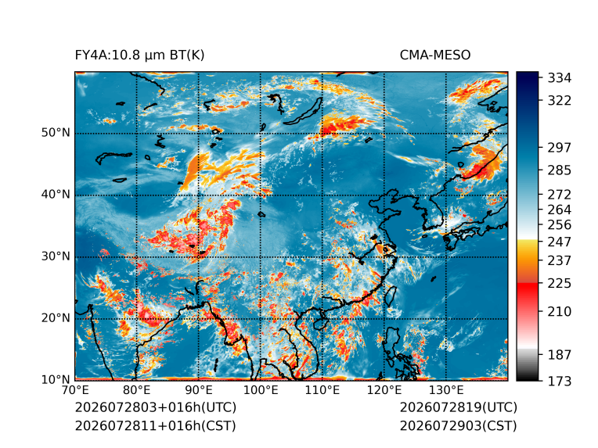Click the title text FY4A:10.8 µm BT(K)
[139, 56]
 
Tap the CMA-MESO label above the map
[435, 56]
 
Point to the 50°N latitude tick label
[56, 133]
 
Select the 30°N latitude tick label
[56, 256]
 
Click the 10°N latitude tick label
[56, 380]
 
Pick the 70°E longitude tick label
[75, 390]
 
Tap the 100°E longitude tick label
[261, 390]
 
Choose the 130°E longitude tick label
[446, 390]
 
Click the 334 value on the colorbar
[560, 78]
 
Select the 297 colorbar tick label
[560, 148]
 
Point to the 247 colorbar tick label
[560, 242]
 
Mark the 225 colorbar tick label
[560, 284]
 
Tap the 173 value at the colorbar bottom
[560, 381]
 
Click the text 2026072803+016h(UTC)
[156, 407]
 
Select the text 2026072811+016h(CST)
[156, 426]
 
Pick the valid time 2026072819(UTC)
[459, 407]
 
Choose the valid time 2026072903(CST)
[459, 426]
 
